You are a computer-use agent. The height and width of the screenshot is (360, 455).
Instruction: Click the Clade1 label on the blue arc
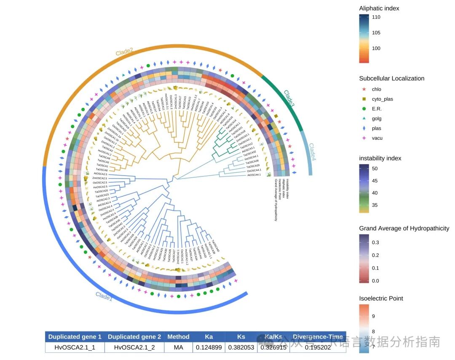click(x=104, y=296)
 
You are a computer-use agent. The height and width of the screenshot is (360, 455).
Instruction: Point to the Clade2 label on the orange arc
click(x=124, y=52)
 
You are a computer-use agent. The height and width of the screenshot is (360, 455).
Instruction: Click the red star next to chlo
click(x=364, y=89)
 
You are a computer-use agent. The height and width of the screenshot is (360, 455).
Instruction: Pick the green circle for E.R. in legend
click(x=364, y=109)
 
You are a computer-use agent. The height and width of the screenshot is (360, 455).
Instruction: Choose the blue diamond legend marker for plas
click(x=364, y=128)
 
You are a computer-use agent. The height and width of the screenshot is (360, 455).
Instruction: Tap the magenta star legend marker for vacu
click(x=364, y=138)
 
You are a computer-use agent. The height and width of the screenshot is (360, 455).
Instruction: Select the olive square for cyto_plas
click(x=364, y=99)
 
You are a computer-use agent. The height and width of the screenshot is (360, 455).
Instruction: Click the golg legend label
click(x=376, y=119)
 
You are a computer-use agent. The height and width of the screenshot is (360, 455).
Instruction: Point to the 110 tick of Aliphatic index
click(x=376, y=17)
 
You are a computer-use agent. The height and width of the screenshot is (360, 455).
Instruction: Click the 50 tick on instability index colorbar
click(x=375, y=168)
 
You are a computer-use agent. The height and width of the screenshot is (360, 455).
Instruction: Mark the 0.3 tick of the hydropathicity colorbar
click(x=376, y=243)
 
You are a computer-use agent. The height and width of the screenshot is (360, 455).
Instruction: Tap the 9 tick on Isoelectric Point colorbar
click(x=374, y=316)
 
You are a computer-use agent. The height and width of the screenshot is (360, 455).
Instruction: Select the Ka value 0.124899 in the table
click(x=209, y=347)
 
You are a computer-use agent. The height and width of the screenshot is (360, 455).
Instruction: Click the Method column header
click(x=178, y=337)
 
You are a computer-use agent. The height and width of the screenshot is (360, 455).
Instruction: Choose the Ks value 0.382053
click(x=241, y=347)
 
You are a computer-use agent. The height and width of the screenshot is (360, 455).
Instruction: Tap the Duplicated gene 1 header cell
click(x=75, y=337)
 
